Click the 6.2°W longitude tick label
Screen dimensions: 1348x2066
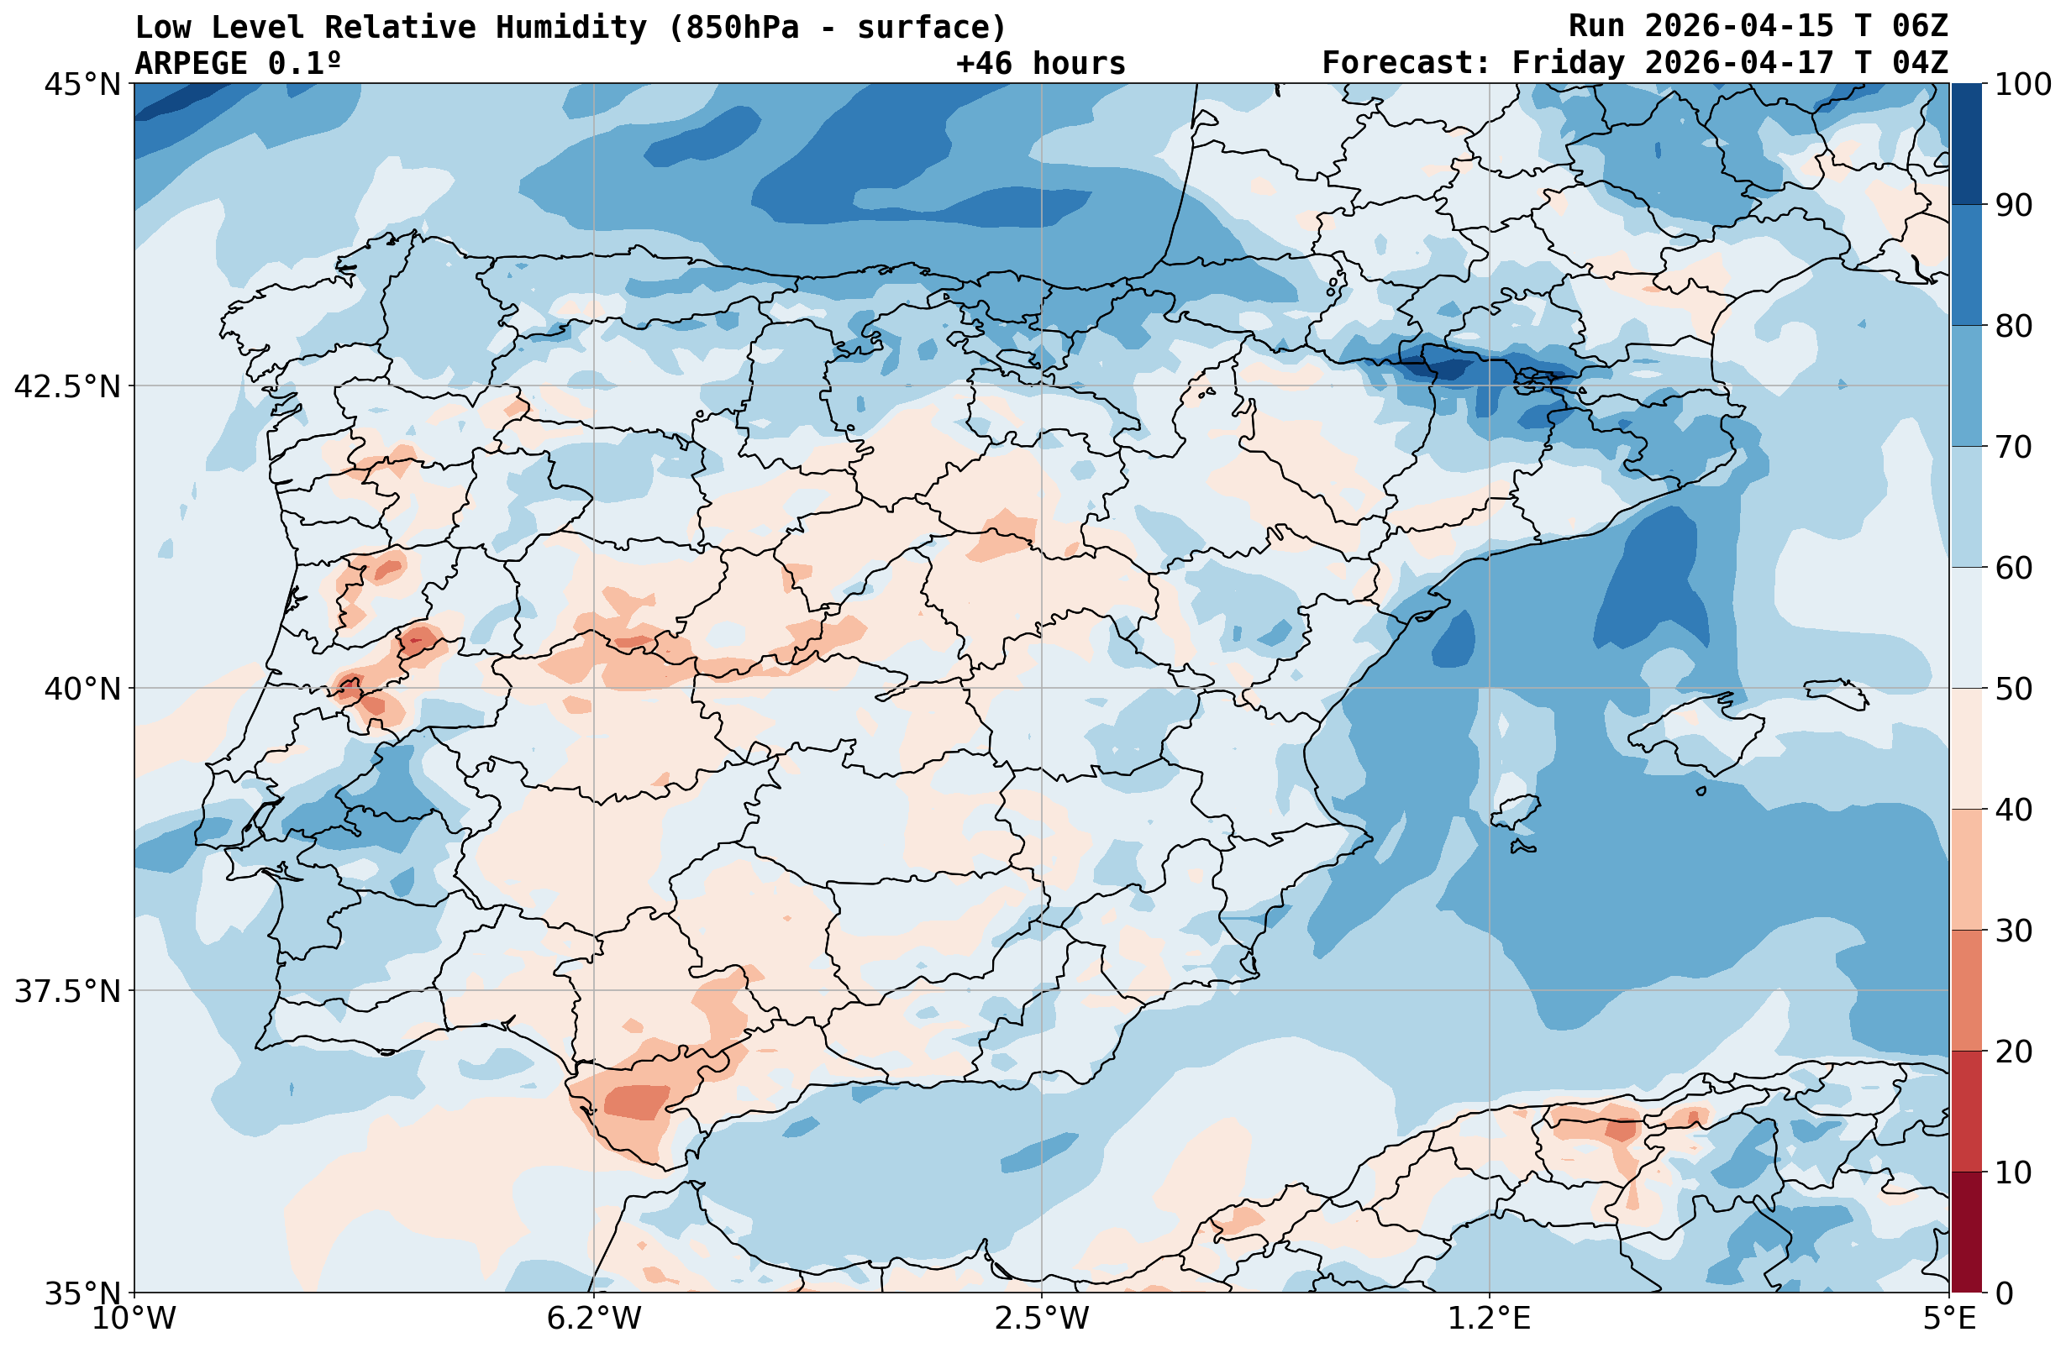[x=594, y=1319]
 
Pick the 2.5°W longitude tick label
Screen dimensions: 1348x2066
[x=1042, y=1319]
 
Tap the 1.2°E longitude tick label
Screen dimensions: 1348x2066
[x=1490, y=1319]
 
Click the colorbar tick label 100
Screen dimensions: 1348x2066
[x=2021, y=84]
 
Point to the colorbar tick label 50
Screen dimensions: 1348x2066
[x=2013, y=690]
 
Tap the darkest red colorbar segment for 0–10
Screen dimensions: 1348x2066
[x=1966, y=1233]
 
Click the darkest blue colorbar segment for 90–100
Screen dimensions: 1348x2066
[x=1966, y=144]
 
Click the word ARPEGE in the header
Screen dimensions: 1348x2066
[x=192, y=63]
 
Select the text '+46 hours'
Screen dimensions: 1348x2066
[x=1041, y=63]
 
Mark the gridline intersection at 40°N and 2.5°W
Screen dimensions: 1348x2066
[x=1042, y=689]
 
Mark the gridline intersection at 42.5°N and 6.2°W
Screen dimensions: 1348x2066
[x=594, y=386]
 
